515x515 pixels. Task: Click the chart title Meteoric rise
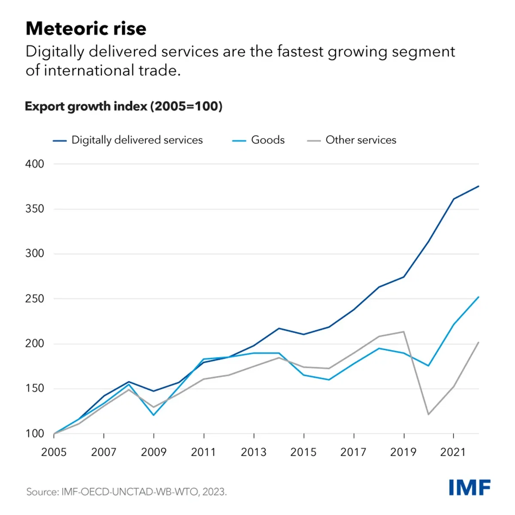pyautogui.click(x=86, y=29)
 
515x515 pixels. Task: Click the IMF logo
pyautogui.click(x=470, y=488)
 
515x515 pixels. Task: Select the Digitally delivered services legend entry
pyautogui.click(x=136, y=140)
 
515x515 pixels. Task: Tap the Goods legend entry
pyautogui.click(x=267, y=140)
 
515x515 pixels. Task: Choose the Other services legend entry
pyautogui.click(x=360, y=140)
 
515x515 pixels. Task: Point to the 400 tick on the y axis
pyautogui.click(x=35, y=164)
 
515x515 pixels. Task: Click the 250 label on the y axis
pyautogui.click(x=35, y=299)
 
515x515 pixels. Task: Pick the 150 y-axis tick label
pyautogui.click(x=35, y=388)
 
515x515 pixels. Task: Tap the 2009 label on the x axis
pyautogui.click(x=154, y=452)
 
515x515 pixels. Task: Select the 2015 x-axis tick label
pyautogui.click(x=303, y=452)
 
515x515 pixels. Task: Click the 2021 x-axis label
pyautogui.click(x=453, y=452)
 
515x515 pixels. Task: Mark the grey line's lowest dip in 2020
pyautogui.click(x=428, y=414)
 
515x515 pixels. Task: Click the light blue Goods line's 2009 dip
pyautogui.click(x=154, y=415)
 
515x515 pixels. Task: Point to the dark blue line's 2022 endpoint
pyautogui.click(x=478, y=186)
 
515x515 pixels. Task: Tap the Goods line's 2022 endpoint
pyautogui.click(x=478, y=297)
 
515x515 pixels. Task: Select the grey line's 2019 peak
pyautogui.click(x=403, y=332)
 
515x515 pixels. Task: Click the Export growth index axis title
pyautogui.click(x=124, y=106)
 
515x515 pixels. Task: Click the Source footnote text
pyautogui.click(x=127, y=491)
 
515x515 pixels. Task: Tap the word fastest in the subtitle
pyautogui.click(x=300, y=51)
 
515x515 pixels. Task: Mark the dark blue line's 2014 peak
pyautogui.click(x=279, y=328)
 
